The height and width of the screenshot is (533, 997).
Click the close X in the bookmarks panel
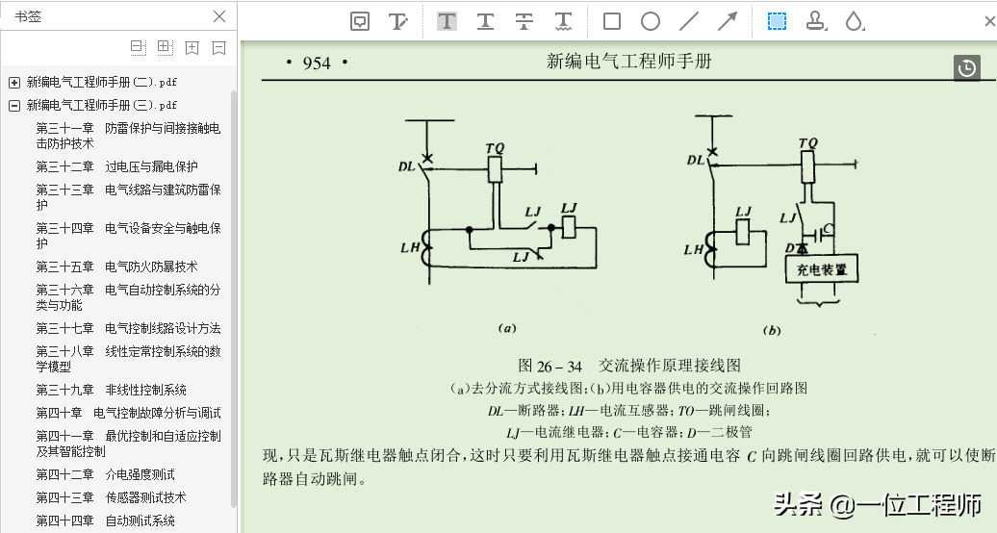point(219,16)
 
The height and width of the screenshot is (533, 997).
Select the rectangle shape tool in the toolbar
point(612,21)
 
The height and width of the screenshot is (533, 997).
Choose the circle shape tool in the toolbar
point(651,21)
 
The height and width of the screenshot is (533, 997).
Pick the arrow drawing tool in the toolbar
point(728,21)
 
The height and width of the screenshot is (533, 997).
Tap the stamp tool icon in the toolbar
point(816,21)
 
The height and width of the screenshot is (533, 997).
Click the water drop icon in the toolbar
point(854,21)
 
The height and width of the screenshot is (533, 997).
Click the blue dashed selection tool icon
point(777,21)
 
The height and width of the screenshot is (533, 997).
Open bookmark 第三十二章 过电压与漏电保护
point(116,166)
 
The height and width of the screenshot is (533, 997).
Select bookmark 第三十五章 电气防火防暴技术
point(116,266)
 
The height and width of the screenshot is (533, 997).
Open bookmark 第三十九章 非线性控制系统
point(111,390)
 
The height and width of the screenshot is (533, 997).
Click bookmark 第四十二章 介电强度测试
point(105,474)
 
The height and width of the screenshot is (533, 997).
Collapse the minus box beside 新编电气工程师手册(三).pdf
point(14,105)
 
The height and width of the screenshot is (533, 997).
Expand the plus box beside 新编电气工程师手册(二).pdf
point(14,83)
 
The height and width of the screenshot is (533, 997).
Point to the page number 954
point(317,63)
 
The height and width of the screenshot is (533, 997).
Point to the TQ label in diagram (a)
point(495,147)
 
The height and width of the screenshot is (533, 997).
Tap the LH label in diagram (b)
point(694,249)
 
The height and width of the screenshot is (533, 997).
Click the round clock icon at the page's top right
point(967,67)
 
